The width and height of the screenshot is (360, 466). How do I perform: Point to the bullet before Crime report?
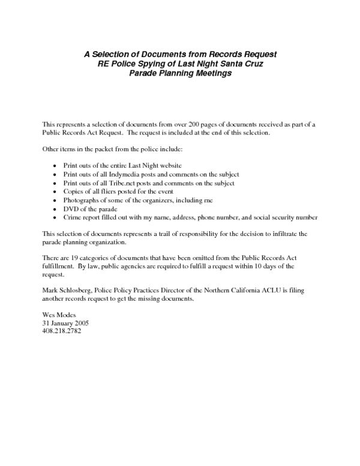point(55,217)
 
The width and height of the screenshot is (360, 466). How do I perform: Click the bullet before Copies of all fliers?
point(55,192)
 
